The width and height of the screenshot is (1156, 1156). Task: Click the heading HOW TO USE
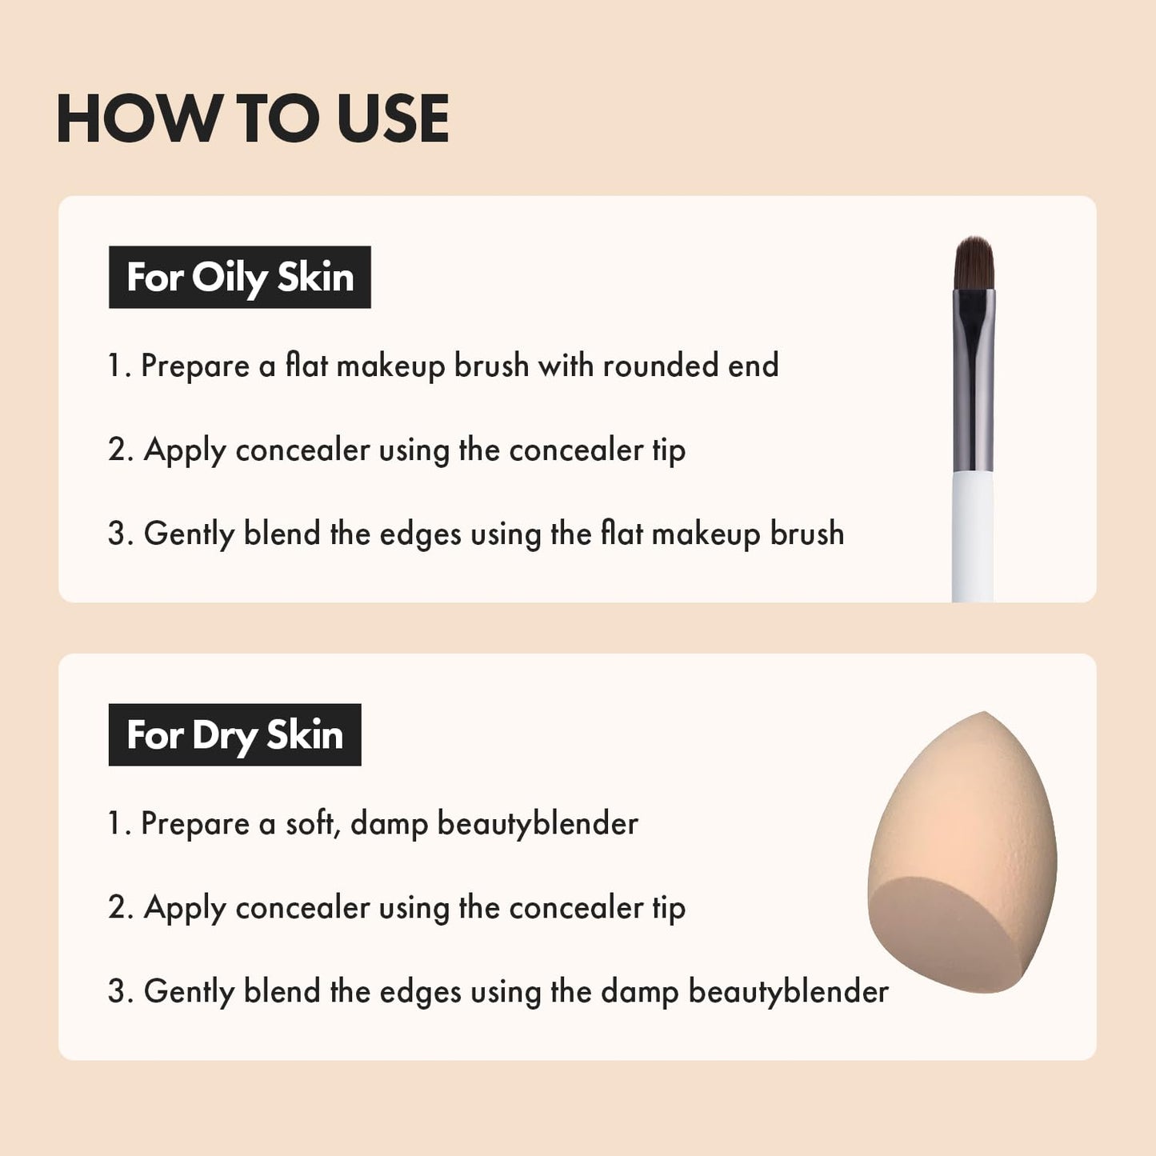252,118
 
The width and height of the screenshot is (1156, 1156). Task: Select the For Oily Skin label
239,277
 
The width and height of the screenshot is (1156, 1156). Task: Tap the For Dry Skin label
234,734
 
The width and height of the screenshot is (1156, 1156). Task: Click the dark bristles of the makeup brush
974,264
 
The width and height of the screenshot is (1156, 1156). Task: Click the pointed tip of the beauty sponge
985,716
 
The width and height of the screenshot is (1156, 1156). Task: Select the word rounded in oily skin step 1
661,366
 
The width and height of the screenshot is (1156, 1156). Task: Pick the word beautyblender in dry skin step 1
538,823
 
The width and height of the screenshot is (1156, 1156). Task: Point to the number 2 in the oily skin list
119,450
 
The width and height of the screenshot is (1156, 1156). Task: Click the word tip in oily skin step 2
668,450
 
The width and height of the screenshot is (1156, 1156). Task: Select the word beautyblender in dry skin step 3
788,991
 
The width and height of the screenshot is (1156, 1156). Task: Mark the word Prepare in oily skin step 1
195,366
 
